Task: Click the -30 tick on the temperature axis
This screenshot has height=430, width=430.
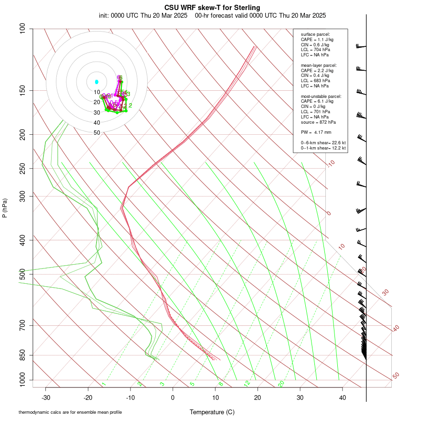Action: pos(46,397)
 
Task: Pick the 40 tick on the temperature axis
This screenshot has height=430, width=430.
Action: pos(342,397)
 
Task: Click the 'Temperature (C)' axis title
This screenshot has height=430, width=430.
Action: pos(212,412)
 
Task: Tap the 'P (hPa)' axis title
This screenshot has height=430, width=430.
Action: pos(5,208)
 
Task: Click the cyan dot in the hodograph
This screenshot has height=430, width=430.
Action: pos(97,82)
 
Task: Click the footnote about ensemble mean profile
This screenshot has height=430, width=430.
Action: pos(70,412)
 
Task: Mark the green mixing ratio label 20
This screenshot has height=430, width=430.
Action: pos(281,383)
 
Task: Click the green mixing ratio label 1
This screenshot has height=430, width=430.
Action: pos(104,384)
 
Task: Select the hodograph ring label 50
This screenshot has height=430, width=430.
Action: pos(97,133)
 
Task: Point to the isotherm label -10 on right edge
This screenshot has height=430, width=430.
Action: pos(330,164)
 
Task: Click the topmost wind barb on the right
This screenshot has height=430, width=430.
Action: pos(361,46)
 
